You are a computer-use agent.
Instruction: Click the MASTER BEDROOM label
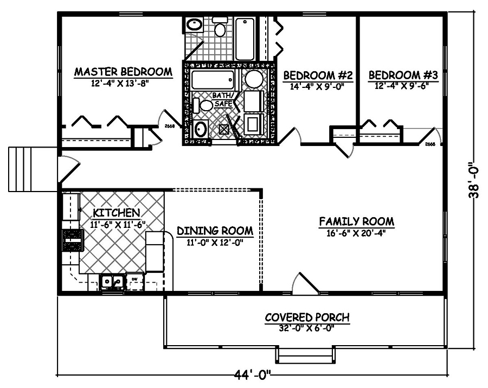123,72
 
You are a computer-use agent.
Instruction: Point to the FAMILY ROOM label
356,221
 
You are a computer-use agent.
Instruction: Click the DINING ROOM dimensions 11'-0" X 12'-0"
215,243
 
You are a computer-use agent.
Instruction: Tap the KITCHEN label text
117,212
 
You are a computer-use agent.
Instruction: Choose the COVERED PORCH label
307,317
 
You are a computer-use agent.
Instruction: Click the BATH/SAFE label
223,99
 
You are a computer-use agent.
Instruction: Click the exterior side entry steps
24,169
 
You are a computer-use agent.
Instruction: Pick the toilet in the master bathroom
220,27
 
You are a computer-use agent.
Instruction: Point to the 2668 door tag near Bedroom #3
430,144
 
